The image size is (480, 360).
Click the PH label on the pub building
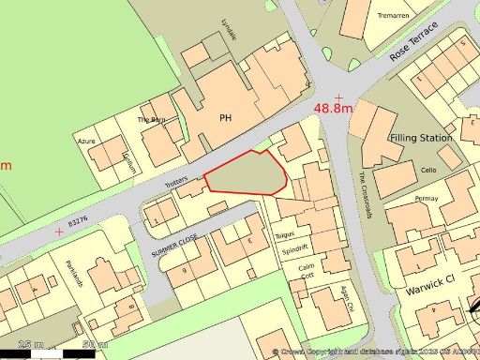pyautogui.click(x=224, y=118)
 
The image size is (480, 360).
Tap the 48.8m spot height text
pyautogui.click(x=334, y=110)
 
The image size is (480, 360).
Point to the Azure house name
pyautogui.click(x=86, y=141)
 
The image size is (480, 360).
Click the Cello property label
pyautogui.click(x=428, y=170)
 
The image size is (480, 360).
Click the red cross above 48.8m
pyautogui.click(x=337, y=97)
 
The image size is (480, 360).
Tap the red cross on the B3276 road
pyautogui.click(x=61, y=230)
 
